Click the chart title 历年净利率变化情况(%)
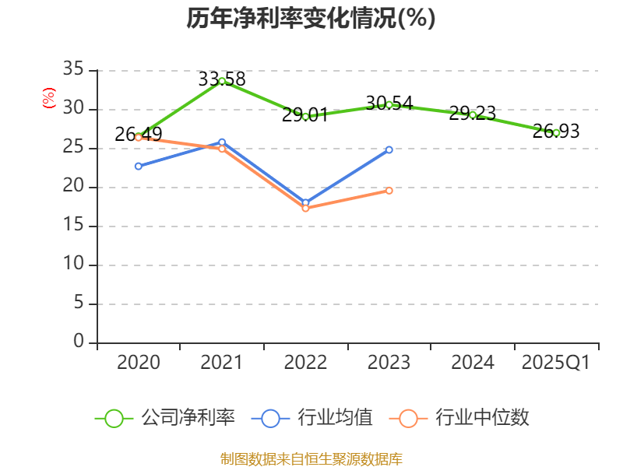click(311, 19)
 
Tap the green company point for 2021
click(222, 81)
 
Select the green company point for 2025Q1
click(556, 132)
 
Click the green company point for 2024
click(473, 114)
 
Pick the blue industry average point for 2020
click(139, 166)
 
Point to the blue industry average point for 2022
click(305, 202)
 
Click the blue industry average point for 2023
click(389, 149)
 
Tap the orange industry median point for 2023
click(389, 190)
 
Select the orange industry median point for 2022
click(305, 208)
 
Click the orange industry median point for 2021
click(222, 149)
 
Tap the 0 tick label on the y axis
click(78, 342)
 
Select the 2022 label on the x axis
click(305, 363)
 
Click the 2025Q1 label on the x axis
click(556, 363)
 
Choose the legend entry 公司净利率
click(165, 418)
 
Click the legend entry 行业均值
click(312, 418)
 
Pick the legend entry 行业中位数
click(464, 418)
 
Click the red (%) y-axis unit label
click(49, 98)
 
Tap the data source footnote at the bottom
click(311, 458)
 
